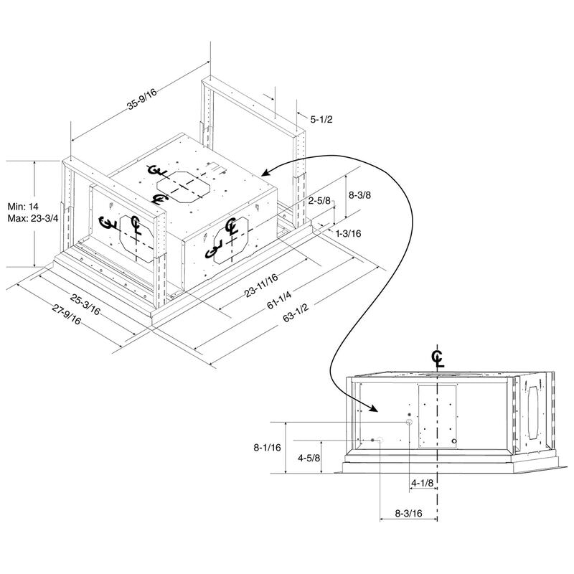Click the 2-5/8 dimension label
click(319, 201)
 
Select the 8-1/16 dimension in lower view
click(266, 447)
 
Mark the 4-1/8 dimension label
click(422, 483)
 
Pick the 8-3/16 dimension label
click(408, 513)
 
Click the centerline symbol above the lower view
click(437, 359)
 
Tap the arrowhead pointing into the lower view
click(375, 409)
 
